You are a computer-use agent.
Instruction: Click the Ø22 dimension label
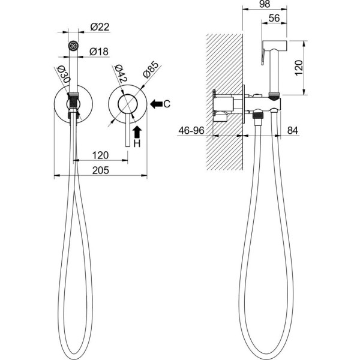(100, 27)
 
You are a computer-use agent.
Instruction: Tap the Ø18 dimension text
(99, 52)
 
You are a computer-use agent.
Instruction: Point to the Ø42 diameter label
(121, 74)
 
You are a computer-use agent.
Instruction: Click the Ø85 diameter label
(151, 70)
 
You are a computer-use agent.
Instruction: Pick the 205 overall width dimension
(100, 170)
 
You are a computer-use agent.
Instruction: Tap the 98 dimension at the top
(265, 4)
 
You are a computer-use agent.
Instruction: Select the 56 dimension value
(274, 18)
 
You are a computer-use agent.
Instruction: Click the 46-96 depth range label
(191, 130)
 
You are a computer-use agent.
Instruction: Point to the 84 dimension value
(293, 131)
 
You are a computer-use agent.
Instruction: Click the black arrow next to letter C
(156, 104)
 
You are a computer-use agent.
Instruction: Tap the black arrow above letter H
(137, 132)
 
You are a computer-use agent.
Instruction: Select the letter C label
(167, 104)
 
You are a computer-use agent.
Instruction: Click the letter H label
(137, 144)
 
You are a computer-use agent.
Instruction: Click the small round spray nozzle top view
(73, 45)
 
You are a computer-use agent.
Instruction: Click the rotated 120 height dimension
(298, 68)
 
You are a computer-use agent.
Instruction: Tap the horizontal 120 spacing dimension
(100, 155)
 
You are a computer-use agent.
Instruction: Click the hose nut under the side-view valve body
(258, 115)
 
